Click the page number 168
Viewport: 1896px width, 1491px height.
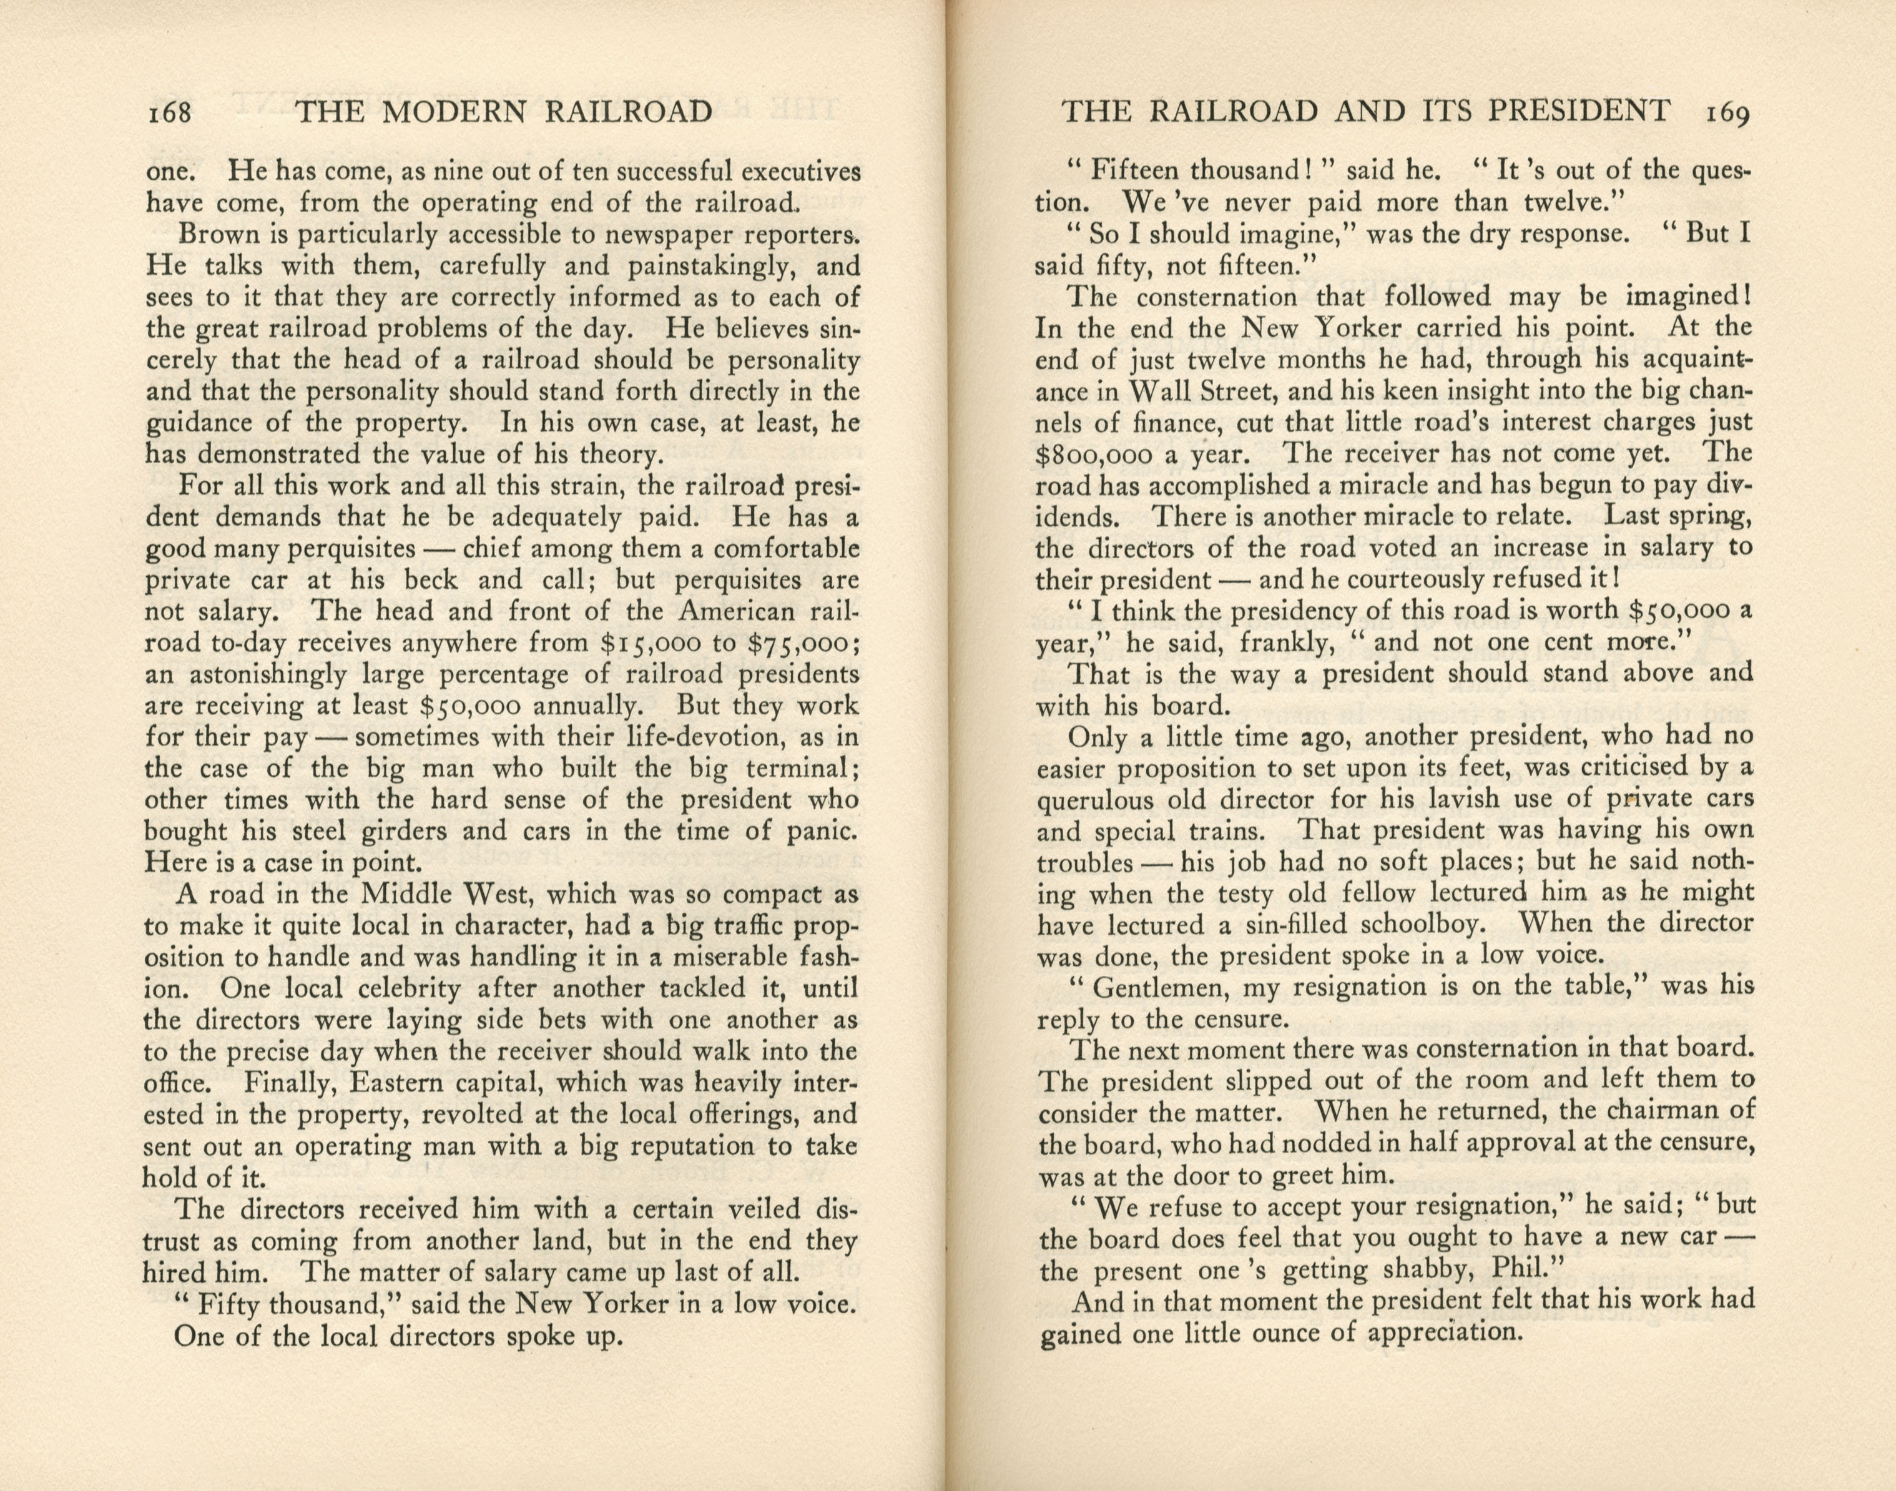(x=169, y=112)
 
